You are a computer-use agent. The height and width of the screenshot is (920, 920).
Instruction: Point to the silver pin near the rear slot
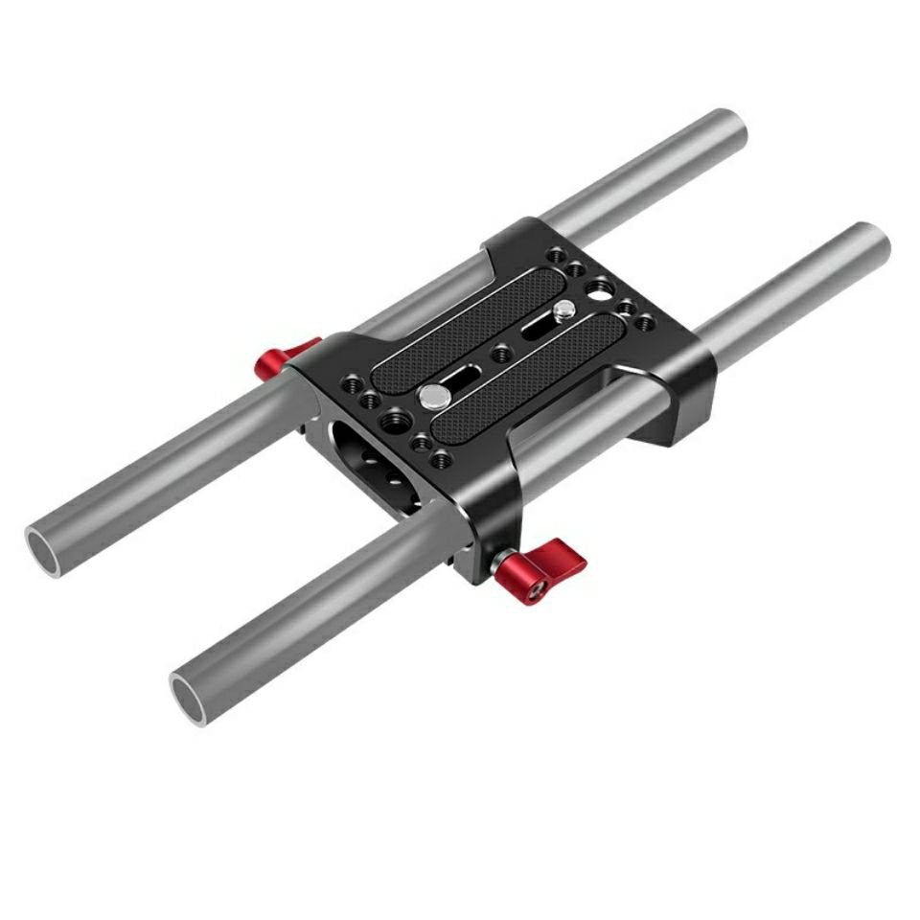point(564,310)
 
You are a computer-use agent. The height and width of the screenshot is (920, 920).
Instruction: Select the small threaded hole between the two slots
point(500,354)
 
